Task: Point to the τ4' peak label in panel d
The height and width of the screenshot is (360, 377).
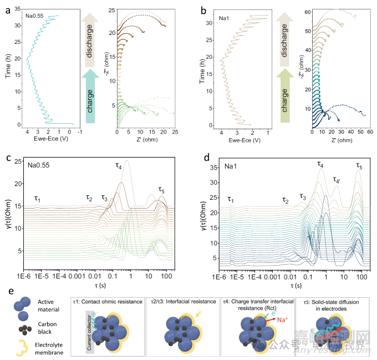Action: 337,179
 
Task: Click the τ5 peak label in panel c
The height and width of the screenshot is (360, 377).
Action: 162,190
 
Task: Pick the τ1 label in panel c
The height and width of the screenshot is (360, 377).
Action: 37,199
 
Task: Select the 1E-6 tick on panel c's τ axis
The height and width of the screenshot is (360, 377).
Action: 23,275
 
